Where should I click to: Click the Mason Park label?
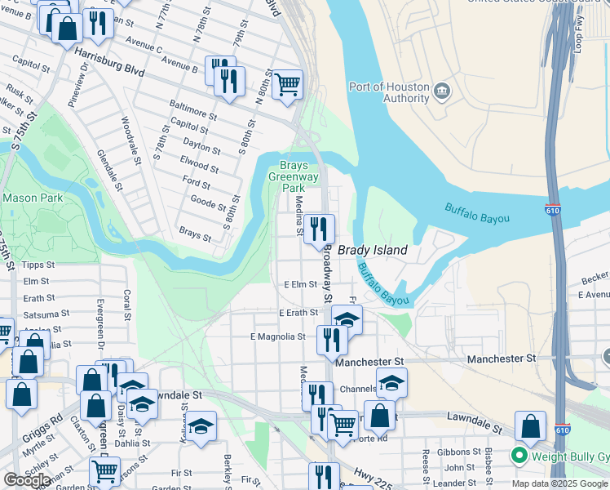(33, 198)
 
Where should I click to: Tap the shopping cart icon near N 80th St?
(287, 83)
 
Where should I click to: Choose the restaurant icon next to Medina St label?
(319, 228)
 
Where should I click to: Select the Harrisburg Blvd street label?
(109, 63)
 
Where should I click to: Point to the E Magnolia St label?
(277, 336)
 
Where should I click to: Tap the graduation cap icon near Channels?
(391, 381)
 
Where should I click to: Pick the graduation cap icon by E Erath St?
(347, 319)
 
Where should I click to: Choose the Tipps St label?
(38, 265)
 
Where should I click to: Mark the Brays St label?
(195, 234)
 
